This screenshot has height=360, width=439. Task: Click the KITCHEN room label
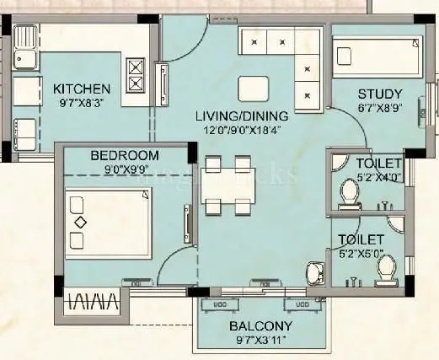click(x=81, y=89)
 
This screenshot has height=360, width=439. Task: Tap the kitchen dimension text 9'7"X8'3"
click(x=81, y=104)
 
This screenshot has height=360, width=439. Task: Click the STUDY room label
click(x=379, y=93)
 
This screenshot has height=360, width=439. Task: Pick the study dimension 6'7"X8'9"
click(x=379, y=108)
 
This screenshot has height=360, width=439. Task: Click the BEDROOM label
click(x=124, y=155)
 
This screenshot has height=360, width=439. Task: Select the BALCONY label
click(x=260, y=326)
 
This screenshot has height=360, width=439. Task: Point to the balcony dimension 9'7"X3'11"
click(x=260, y=341)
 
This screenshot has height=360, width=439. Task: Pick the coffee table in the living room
click(x=250, y=89)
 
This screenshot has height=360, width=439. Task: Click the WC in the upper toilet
click(x=348, y=195)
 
